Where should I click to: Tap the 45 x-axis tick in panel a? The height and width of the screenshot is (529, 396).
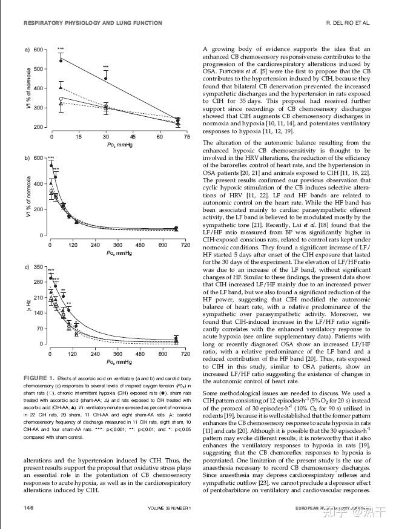pyautogui.click(x=133, y=137)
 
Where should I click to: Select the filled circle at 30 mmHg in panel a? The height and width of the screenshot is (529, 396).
pyautogui.click(x=106, y=78)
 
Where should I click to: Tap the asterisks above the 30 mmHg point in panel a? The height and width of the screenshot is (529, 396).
pyautogui.click(x=106, y=67)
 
